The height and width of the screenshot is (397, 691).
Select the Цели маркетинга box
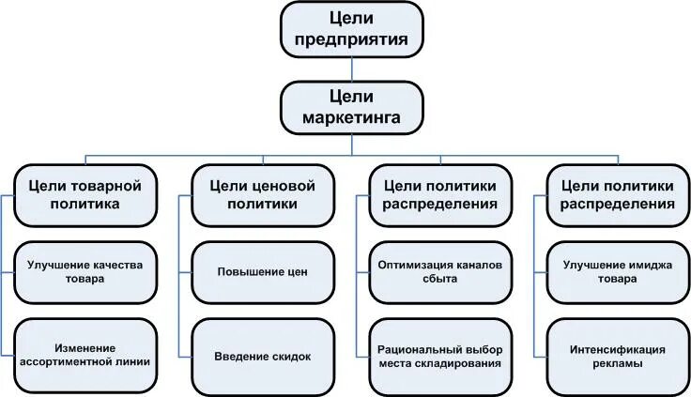(352, 107)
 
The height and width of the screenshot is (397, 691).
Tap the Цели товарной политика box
(85, 193)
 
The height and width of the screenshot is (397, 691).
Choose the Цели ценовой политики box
(262, 193)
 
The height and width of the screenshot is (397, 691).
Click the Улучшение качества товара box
(85, 271)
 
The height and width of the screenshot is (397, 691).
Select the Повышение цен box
(262, 272)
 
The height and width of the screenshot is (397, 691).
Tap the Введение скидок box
(262, 357)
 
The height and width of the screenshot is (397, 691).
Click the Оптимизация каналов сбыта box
(439, 271)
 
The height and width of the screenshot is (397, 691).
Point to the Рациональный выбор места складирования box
(439, 356)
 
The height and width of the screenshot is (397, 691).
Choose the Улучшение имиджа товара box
(618, 271)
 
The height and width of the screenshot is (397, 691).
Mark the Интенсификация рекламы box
(618, 356)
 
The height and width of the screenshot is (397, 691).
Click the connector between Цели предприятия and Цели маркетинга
(352, 68)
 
